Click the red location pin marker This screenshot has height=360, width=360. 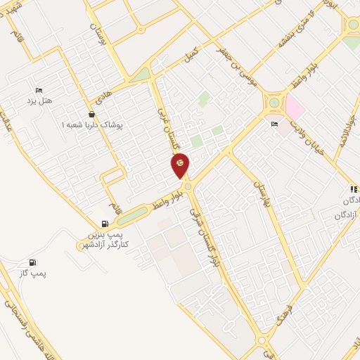[180, 166]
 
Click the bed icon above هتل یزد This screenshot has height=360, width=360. [39, 90]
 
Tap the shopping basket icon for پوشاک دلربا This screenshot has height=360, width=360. [92, 114]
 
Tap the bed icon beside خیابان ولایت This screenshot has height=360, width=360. [275, 125]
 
